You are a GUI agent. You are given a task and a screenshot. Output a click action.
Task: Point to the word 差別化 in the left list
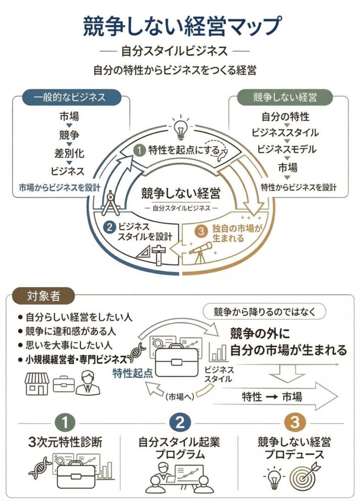(69, 153)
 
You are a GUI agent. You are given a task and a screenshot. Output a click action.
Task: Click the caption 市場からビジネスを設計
(60, 187)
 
